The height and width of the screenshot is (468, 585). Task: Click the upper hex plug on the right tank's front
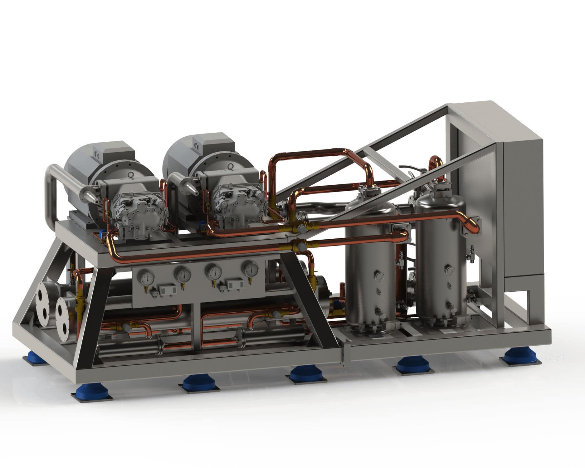click(x=448, y=268)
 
